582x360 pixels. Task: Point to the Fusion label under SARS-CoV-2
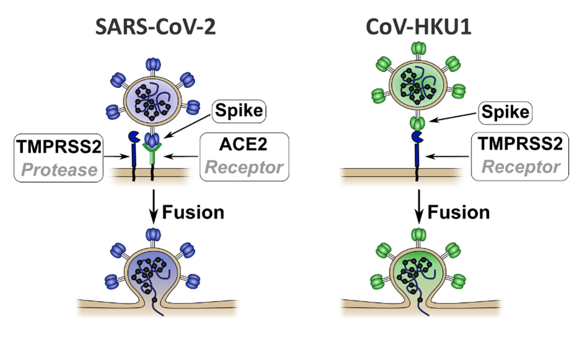pos(193,212)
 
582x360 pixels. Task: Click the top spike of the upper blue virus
pos(152,65)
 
